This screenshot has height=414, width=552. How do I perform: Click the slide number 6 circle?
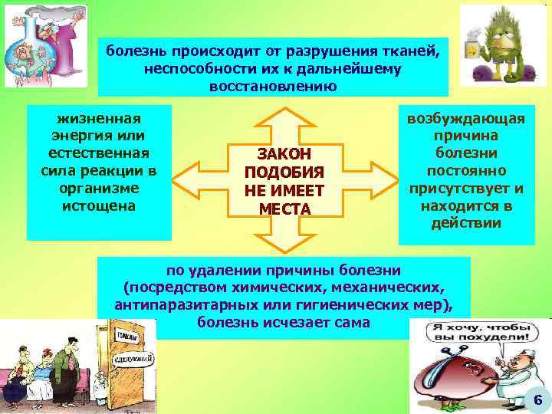pos(537,399)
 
